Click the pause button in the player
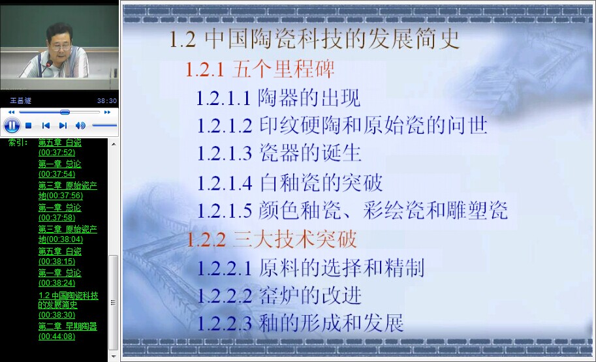(12, 125)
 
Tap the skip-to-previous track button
(46, 125)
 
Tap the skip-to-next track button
(63, 125)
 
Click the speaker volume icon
(80, 125)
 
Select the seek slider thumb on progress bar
(65, 112)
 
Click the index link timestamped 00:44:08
(68, 331)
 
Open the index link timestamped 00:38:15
(59, 256)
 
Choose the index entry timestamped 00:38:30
(69, 305)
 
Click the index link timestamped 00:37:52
(59, 147)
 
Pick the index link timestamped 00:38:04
(68, 234)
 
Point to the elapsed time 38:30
(107, 100)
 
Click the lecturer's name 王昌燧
(20, 100)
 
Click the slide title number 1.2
(182, 40)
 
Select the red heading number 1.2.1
(204, 70)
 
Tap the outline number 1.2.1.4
(225, 183)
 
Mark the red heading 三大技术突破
(295, 239)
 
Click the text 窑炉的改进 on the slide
(310, 295)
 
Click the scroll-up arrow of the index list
(114, 144)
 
